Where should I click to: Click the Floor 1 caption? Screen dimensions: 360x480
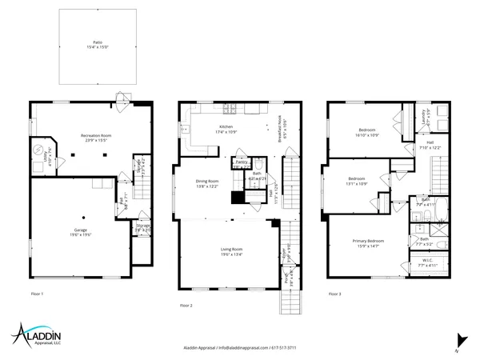tap(37, 294)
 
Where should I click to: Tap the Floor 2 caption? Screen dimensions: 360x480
tap(186, 306)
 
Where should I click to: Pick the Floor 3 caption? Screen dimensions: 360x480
tap(334, 294)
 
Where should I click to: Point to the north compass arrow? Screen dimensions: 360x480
tap(458, 339)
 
